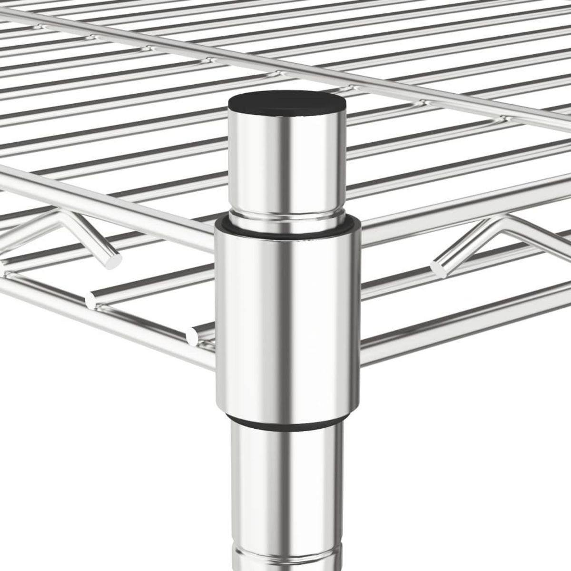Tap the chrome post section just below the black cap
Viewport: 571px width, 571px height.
click(x=287, y=162)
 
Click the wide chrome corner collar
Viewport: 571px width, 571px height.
click(x=287, y=324)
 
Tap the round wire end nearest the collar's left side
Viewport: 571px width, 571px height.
click(x=193, y=335)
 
